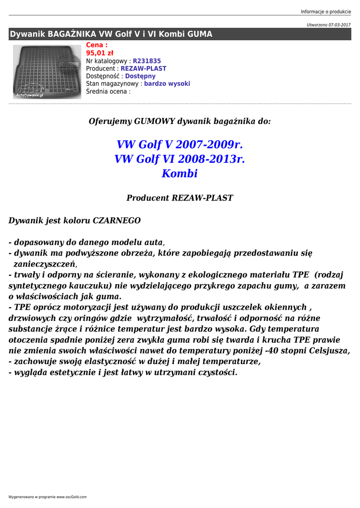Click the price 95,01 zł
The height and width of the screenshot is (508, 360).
point(100,53)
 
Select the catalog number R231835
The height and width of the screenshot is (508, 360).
point(147,61)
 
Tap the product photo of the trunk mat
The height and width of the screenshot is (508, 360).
point(47,71)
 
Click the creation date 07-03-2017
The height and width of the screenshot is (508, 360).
point(339,25)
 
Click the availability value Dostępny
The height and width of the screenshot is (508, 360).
point(140,76)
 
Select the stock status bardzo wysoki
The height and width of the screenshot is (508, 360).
point(167,84)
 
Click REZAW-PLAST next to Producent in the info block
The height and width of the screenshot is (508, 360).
point(144,68)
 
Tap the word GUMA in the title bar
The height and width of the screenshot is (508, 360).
point(200,34)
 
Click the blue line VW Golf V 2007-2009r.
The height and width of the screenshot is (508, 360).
point(180,145)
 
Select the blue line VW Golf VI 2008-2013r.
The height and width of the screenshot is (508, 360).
point(180,159)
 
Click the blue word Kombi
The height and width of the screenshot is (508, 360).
point(180,174)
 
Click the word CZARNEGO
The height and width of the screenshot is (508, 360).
point(117,220)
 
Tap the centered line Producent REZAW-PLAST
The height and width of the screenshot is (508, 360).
point(180,198)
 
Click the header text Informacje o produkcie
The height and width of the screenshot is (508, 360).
point(326,11)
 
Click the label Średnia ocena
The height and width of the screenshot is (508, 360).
point(107,91)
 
